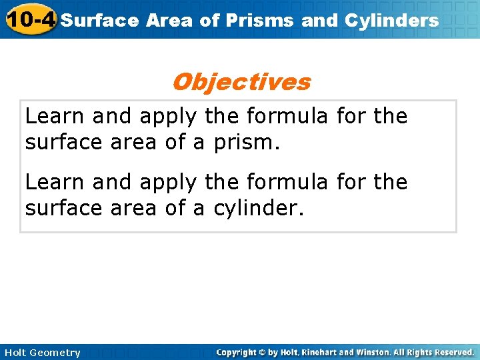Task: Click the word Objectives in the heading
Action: [241, 82]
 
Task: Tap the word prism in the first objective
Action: [242, 143]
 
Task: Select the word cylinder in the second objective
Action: [258, 209]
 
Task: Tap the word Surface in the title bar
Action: [100, 20]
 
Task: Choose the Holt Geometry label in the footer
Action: [41, 352]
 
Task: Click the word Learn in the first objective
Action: [55, 116]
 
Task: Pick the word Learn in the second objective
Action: [55, 182]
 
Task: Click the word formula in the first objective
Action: [287, 116]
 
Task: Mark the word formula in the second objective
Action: [287, 182]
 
